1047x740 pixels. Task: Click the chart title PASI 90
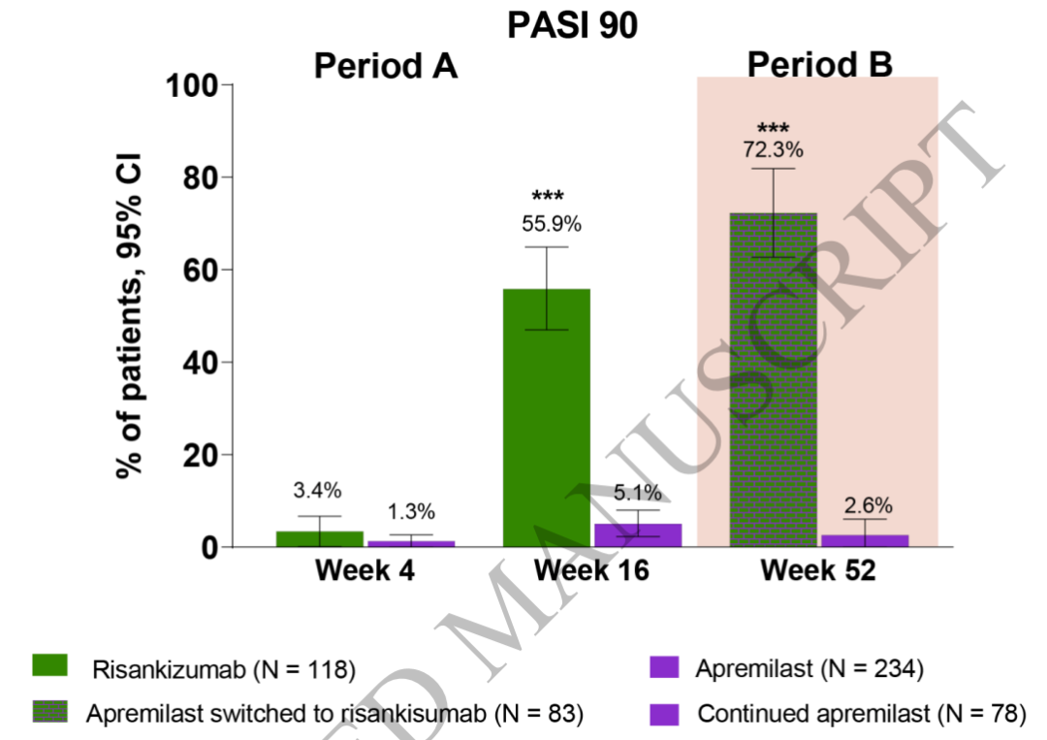(x=573, y=26)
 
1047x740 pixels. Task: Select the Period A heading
(x=385, y=67)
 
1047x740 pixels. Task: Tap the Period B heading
(x=819, y=65)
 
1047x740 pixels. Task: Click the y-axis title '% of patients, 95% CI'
(x=130, y=315)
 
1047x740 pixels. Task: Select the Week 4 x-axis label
(x=365, y=571)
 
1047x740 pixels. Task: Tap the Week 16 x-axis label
(x=591, y=571)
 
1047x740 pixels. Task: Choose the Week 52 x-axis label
(x=817, y=571)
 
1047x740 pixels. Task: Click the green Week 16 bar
(x=547, y=417)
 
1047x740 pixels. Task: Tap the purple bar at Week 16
(x=637, y=535)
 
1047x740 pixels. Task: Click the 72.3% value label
(x=773, y=150)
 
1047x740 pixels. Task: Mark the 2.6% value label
(x=866, y=505)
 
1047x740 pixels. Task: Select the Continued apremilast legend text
(x=861, y=715)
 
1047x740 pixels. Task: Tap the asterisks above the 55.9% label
(x=548, y=198)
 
